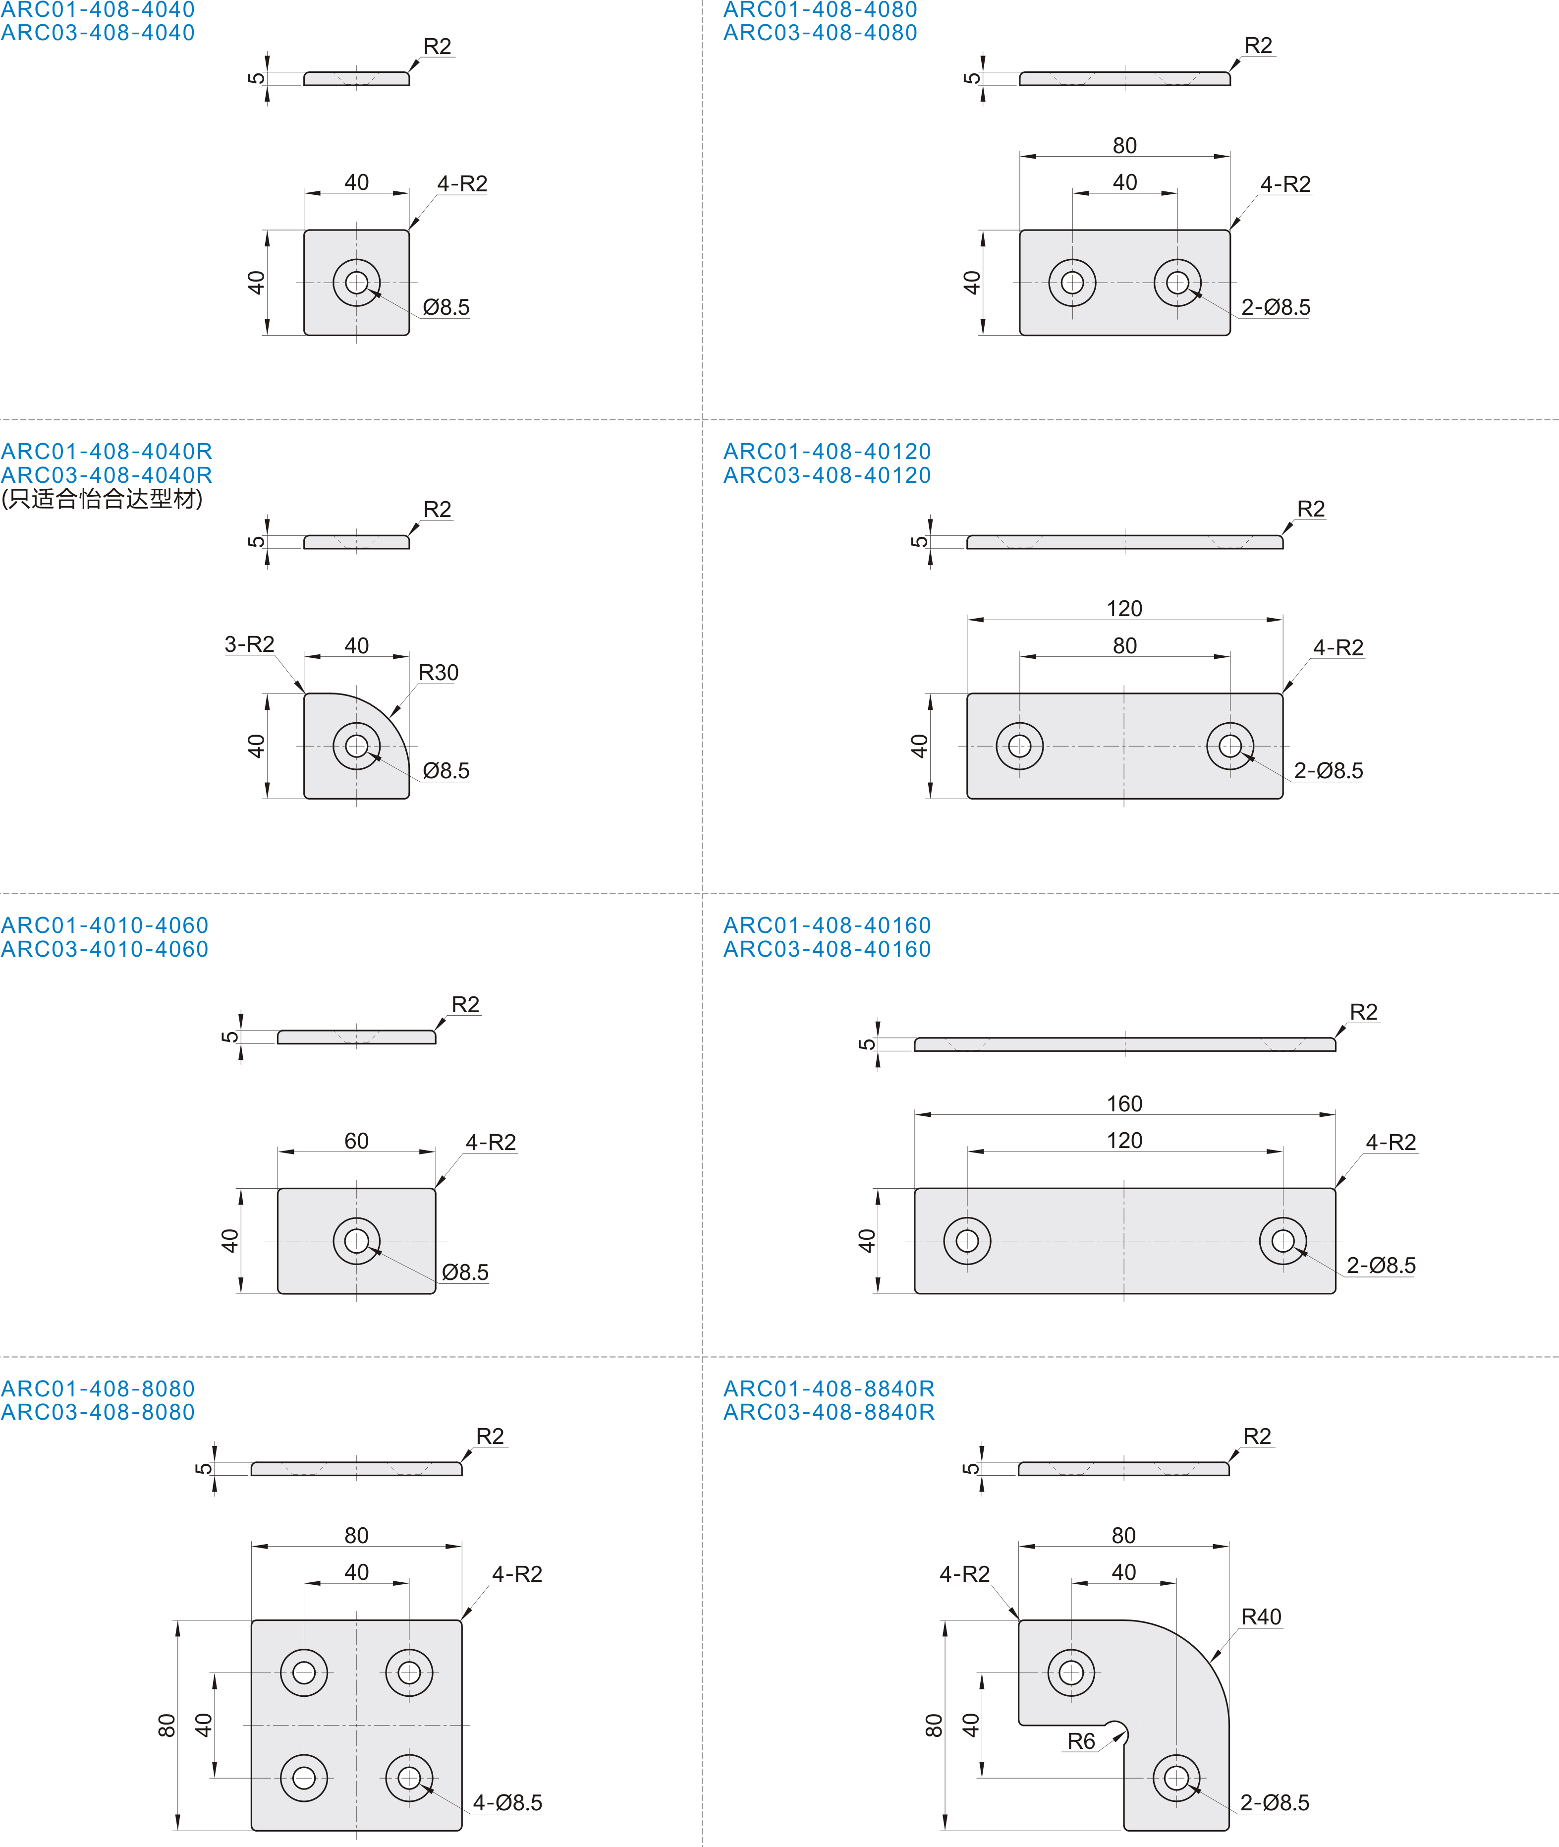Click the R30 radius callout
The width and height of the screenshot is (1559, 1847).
click(439, 673)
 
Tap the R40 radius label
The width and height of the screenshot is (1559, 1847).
click(1261, 1617)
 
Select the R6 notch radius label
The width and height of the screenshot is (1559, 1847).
click(1081, 1742)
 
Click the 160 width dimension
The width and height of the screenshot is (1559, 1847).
click(1124, 1104)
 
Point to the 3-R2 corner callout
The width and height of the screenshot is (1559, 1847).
click(249, 644)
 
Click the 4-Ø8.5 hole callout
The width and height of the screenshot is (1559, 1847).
click(507, 1803)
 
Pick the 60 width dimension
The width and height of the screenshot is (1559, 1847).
click(356, 1142)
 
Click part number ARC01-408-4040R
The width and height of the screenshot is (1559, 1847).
click(107, 452)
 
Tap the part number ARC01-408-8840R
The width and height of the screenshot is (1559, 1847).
click(829, 1389)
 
